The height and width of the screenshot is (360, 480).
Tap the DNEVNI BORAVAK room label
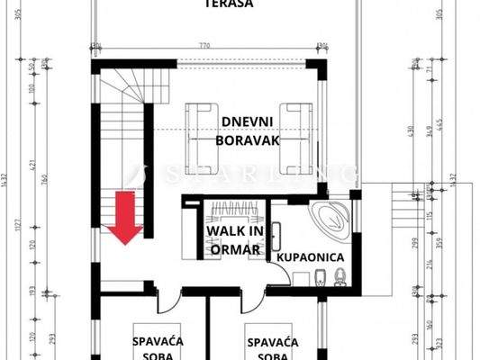(248, 130)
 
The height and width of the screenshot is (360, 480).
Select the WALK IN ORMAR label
(234, 240)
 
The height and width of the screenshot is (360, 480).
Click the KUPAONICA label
(311, 257)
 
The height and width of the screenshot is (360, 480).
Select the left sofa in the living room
(204, 138)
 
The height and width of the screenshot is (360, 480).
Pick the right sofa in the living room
(296, 138)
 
